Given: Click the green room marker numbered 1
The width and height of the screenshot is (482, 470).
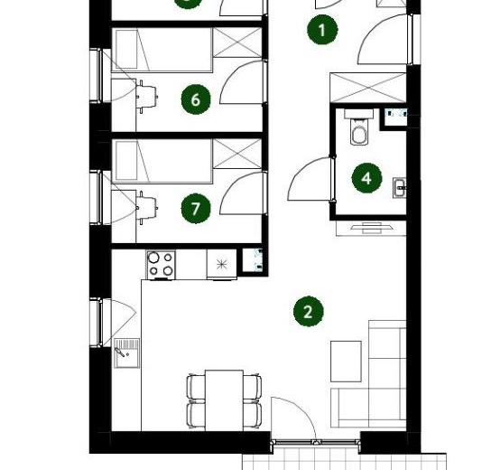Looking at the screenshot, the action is click(322, 30).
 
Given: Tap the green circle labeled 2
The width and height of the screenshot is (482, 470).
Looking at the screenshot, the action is click(309, 312).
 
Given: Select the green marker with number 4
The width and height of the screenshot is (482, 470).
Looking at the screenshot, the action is click(366, 178).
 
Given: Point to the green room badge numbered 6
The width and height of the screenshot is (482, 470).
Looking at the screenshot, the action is click(196, 99).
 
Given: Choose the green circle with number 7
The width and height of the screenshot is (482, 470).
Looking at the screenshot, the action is click(196, 209).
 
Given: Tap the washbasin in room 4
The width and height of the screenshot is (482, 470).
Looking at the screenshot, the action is click(400, 187).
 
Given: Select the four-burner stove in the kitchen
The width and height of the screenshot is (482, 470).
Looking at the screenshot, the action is click(161, 265).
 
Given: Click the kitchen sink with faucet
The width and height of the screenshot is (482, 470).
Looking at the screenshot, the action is click(126, 353).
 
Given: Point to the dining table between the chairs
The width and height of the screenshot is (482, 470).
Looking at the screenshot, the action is click(225, 400).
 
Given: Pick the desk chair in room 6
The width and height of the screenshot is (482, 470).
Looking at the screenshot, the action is click(147, 97).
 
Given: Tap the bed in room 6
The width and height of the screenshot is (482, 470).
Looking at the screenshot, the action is click(162, 51).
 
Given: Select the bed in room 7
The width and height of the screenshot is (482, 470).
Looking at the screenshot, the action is click(162, 161).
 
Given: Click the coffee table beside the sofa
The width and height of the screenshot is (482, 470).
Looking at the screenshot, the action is click(346, 361).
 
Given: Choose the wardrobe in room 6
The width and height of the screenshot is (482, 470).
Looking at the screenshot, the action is click(237, 42).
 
